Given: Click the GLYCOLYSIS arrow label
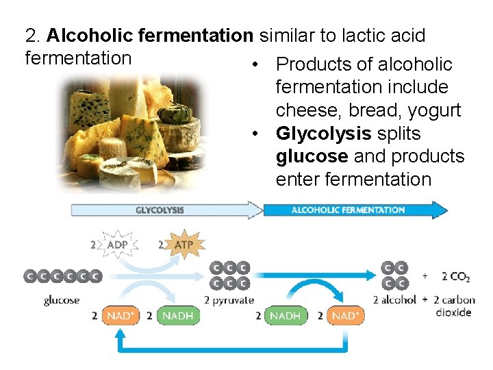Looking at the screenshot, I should pos(160,210).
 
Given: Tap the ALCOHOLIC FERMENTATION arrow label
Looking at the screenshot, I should pos(348,210).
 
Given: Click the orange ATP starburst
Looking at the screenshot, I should pos(184,245).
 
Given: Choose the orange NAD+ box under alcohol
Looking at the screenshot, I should pos(344,316).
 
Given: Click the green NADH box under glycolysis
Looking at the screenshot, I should pos(179,316).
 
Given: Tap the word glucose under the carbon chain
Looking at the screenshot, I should pos(62,300).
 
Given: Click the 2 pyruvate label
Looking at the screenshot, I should pos(229,300).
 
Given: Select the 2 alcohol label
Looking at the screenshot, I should pos(395,300).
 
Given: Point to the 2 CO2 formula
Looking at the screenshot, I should pos(455,277).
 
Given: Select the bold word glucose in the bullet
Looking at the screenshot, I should pos(312,156).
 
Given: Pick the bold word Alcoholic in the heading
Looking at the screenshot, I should pos(88,36).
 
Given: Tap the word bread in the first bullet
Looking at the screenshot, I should pos(370,110).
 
